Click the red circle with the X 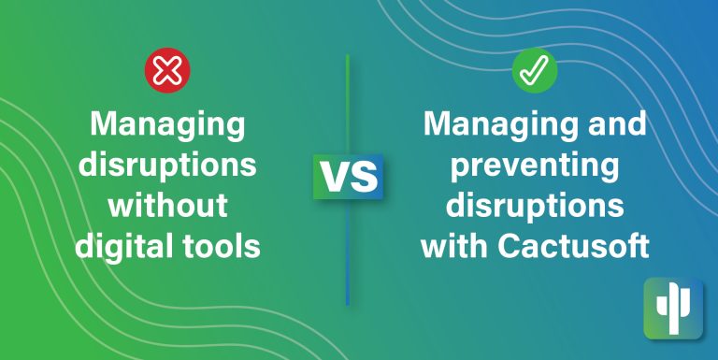(167, 69)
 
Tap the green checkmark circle (534, 71)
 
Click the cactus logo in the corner (672, 308)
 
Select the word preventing (534, 166)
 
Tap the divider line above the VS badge (348, 103)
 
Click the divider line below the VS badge (348, 252)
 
